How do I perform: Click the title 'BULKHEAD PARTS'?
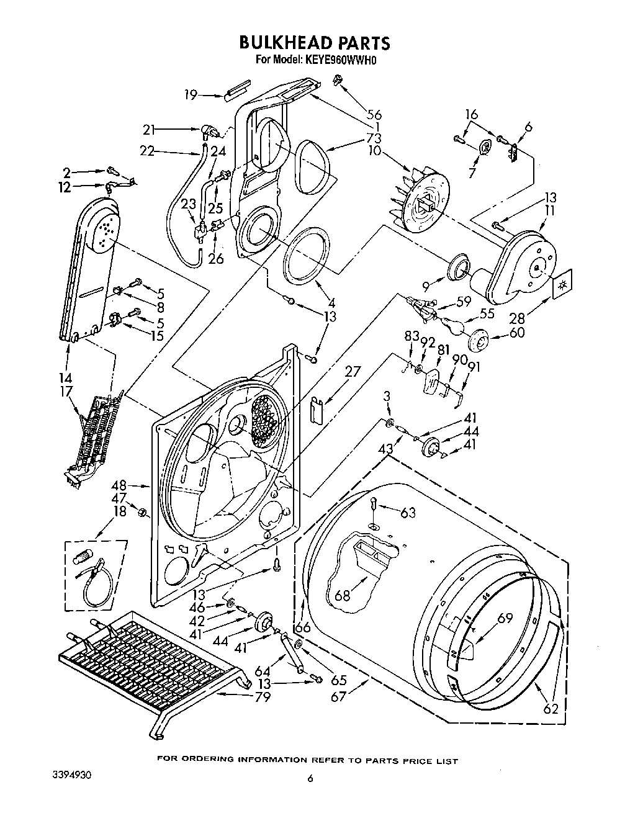315,42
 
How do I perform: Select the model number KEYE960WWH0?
341,60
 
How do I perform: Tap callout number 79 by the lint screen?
263,698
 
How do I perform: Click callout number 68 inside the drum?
342,595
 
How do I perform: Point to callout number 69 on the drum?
505,618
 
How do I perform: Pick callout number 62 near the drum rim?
551,707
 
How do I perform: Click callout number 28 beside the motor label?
516,318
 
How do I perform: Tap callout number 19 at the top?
191,95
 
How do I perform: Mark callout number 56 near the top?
374,114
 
